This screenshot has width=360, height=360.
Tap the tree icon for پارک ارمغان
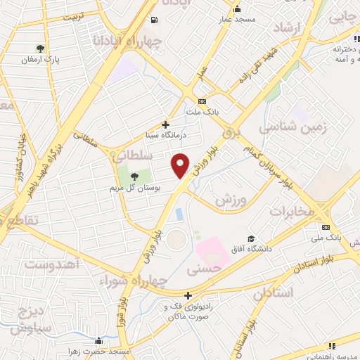(x=41, y=49)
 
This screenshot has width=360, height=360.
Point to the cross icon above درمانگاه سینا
(x=165, y=124)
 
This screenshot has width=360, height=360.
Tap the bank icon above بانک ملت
(x=202, y=101)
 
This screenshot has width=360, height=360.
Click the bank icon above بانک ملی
(x=326, y=227)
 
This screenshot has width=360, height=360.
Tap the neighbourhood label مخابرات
(x=289, y=212)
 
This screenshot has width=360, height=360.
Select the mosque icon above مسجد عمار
(x=237, y=9)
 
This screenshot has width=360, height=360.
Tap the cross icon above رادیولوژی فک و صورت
(x=188, y=296)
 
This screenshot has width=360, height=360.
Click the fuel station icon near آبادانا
(x=155, y=20)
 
